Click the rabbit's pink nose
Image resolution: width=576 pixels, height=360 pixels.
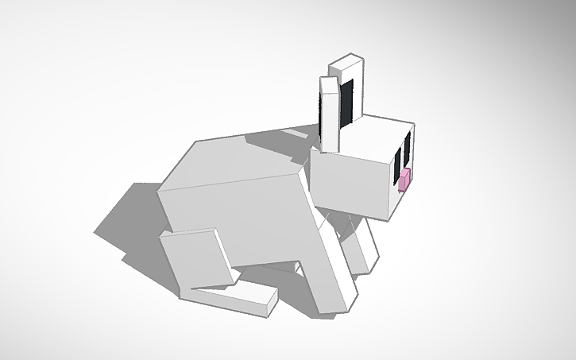click(x=404, y=180)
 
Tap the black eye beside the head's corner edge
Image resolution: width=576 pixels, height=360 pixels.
click(x=397, y=162)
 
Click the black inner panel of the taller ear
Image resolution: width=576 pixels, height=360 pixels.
click(x=348, y=102)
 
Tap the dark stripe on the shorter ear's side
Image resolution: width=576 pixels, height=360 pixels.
click(x=323, y=111)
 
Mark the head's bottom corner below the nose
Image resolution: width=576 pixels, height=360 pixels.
click(x=390, y=219)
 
